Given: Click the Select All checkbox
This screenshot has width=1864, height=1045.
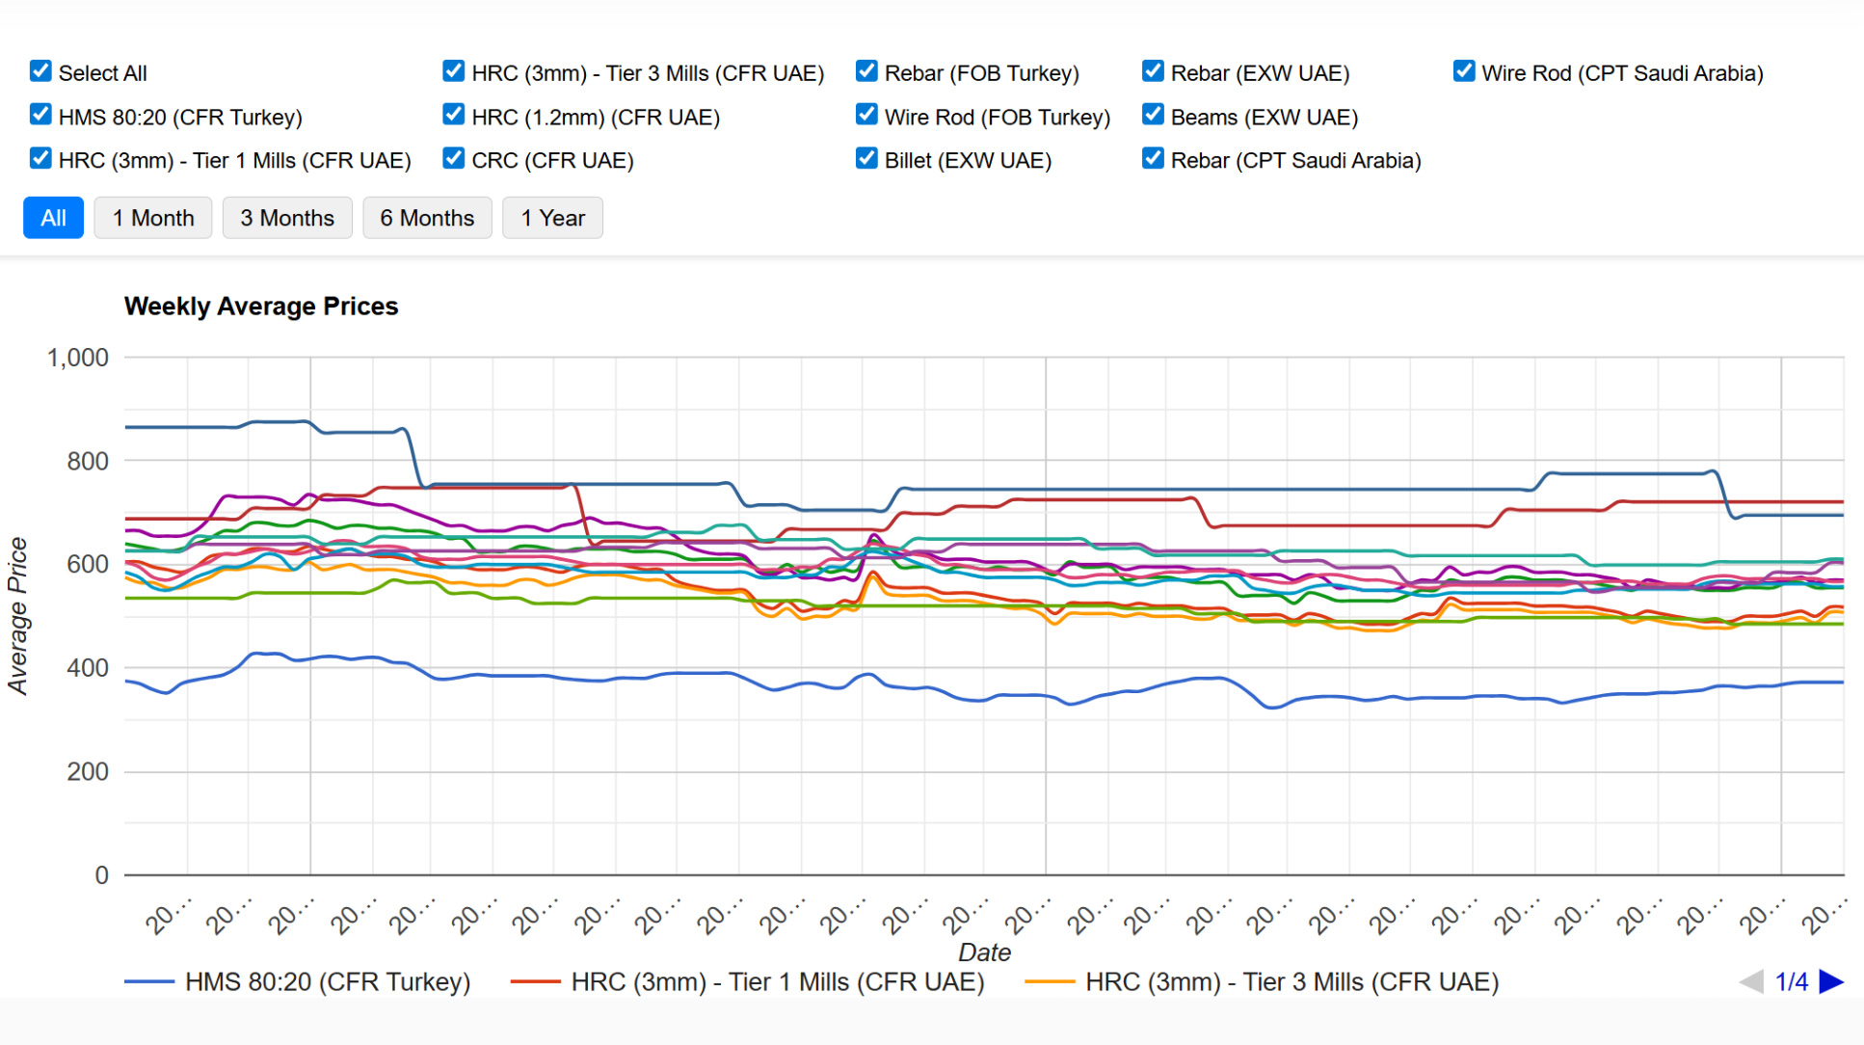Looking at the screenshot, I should click(40, 71).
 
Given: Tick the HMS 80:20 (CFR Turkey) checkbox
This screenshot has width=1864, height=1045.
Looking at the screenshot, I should click(40, 115).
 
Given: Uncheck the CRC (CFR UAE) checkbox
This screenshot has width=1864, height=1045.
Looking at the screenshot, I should click(454, 158).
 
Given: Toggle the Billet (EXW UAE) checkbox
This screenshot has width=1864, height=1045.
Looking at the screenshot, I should click(866, 158).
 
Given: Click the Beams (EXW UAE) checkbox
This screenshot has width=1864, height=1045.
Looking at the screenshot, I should click(1153, 115).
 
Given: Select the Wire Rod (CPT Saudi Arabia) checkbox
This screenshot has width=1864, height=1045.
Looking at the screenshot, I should click(1464, 71).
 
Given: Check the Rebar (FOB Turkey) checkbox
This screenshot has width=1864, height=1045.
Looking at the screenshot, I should click(866, 71).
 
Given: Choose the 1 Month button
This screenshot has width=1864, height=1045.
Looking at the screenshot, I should click(153, 218).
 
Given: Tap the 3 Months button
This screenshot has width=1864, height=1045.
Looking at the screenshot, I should click(287, 218).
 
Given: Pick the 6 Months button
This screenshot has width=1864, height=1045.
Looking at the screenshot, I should click(427, 218).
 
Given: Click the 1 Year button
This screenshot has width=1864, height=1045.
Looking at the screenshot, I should click(552, 218).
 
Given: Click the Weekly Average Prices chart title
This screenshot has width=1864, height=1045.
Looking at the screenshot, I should click(261, 307).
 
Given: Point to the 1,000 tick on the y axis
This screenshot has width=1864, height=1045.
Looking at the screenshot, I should click(78, 359).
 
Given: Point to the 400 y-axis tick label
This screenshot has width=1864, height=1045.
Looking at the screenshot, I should click(87, 668).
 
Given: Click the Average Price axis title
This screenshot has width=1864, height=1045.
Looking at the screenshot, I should click(18, 616).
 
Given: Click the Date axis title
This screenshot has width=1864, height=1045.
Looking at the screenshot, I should click(984, 952).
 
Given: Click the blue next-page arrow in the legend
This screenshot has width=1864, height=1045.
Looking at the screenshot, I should click(1831, 982).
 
